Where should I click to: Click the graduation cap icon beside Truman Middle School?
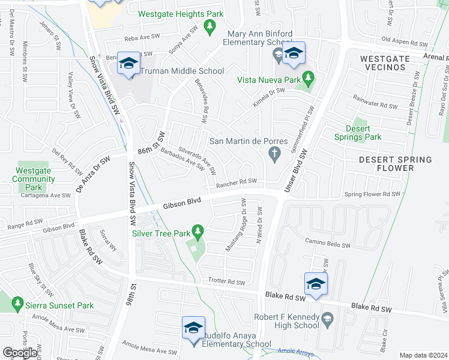[128, 64]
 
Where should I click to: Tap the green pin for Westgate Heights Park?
[209, 26]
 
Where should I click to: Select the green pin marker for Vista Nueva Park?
[308, 77]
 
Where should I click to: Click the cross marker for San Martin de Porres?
[275, 154]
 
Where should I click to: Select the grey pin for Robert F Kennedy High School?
[327, 320]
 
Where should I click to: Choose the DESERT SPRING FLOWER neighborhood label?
[395, 164]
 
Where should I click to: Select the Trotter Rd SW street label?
[227, 281]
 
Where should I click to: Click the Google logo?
[20, 353]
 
